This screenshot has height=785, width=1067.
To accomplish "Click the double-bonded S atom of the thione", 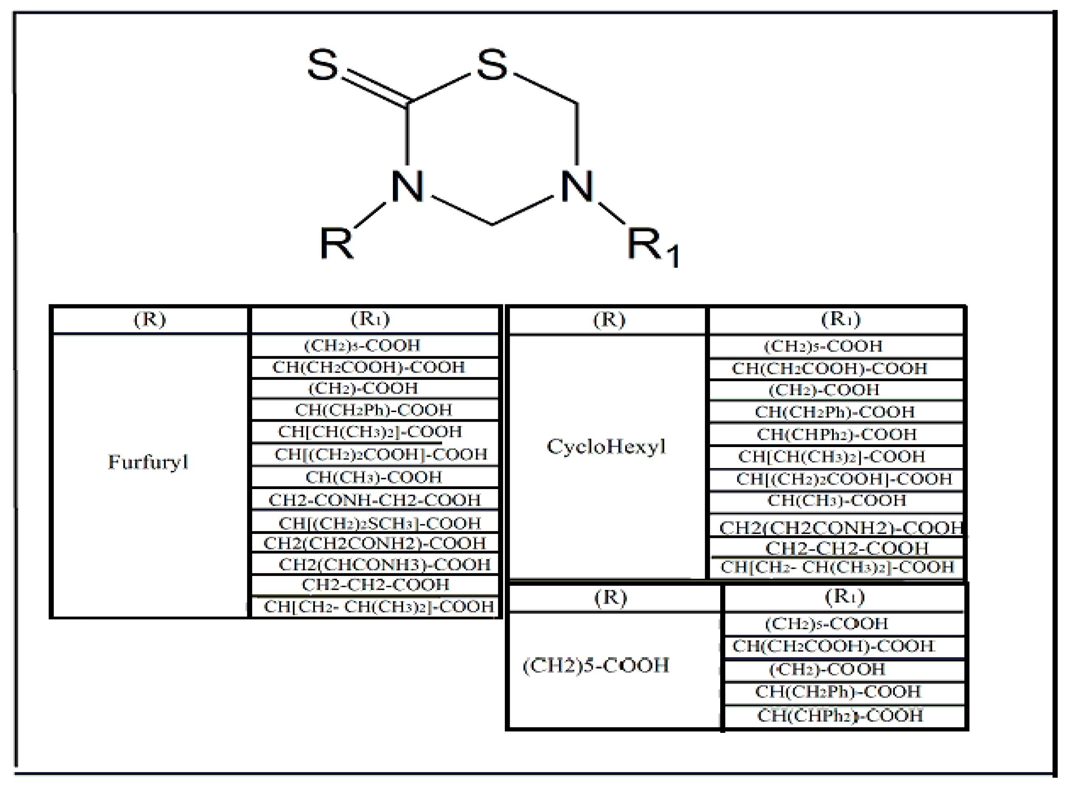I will pos(323,65).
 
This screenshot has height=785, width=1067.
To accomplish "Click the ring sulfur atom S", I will pos(492,65).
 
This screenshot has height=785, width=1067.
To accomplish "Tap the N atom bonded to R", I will pos(407,187).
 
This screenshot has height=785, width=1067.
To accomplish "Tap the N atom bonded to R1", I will pos(577,187).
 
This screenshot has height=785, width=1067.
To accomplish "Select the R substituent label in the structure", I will pos(336,243).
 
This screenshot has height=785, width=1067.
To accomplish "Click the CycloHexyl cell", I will pos(607,447).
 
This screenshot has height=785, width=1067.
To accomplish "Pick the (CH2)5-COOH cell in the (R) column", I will pos(596,666).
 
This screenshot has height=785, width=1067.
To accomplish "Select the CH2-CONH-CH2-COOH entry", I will pos(374,500).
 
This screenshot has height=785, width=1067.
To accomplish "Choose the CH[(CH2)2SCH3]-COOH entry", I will pos(380,523).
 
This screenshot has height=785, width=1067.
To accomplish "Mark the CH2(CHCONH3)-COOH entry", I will pos(384,565).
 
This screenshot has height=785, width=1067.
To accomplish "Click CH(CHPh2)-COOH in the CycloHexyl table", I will pos(837,434).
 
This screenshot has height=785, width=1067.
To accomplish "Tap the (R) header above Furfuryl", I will pos(150,319).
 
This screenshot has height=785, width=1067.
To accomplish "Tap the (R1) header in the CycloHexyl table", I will pos(840,319).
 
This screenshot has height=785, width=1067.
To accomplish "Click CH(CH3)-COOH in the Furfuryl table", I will pos(373,477).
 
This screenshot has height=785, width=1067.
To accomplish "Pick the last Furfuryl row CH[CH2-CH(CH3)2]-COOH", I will pos(379,607).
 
